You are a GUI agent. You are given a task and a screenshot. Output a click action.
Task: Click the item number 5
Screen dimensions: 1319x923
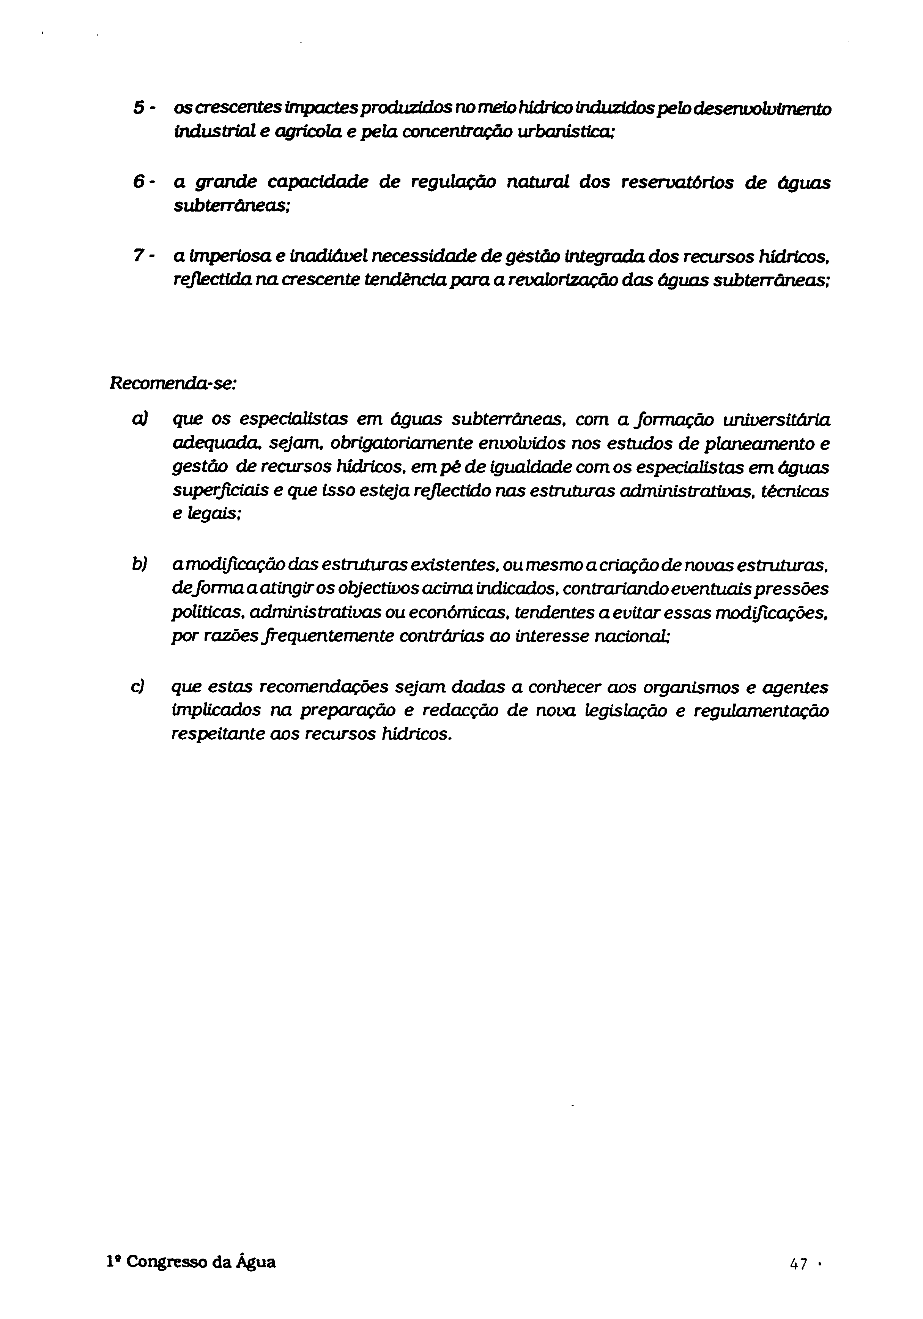point(138,108)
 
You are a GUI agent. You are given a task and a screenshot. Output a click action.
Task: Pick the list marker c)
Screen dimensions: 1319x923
point(138,687)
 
